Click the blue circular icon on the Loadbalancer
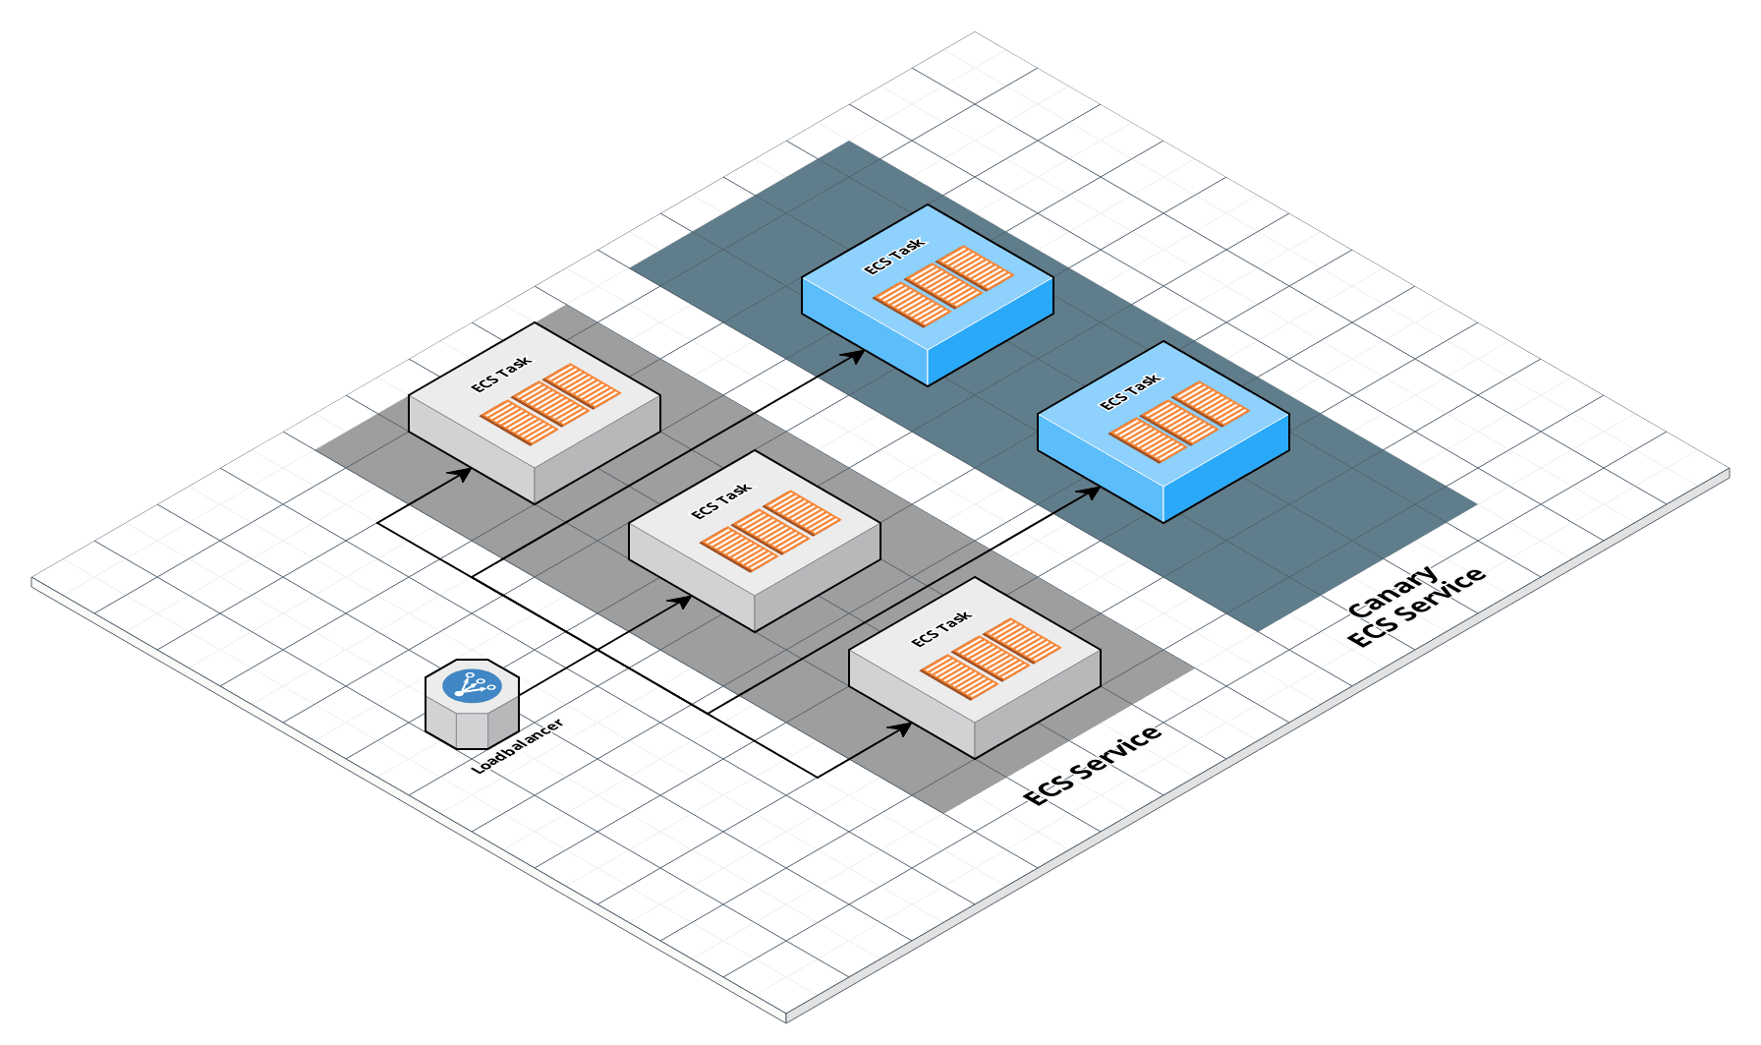(x=472, y=685)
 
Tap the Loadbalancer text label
(x=518, y=747)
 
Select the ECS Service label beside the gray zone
(x=1092, y=768)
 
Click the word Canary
(x=1392, y=593)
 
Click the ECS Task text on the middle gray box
(x=721, y=500)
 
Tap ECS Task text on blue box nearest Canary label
(x=1130, y=391)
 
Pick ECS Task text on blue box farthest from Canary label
(x=894, y=256)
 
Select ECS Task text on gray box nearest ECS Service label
(x=941, y=628)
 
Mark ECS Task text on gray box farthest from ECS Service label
(x=501, y=374)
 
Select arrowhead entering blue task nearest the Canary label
(x=1092, y=491)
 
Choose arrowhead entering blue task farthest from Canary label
(x=856, y=355)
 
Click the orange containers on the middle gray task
(x=770, y=531)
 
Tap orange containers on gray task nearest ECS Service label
(x=991, y=659)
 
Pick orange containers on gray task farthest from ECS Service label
(x=550, y=404)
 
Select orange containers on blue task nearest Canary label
(x=1179, y=422)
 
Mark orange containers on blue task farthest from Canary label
(x=943, y=286)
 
